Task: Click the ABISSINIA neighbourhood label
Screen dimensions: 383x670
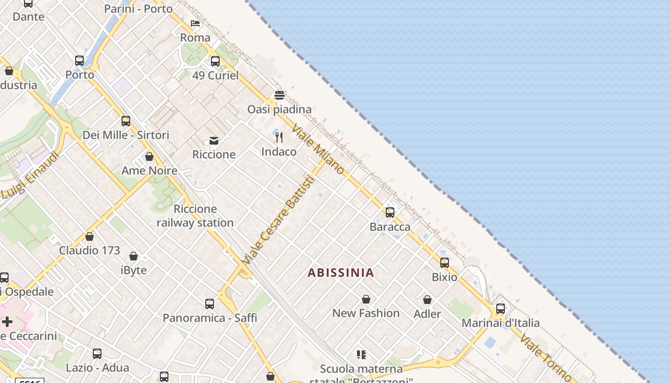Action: (340, 272)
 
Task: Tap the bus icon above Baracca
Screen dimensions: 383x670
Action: (390, 212)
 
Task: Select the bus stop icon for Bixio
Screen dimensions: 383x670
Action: (445, 262)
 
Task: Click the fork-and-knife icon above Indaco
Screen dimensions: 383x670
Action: (279, 137)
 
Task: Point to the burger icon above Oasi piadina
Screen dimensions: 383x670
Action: (279, 95)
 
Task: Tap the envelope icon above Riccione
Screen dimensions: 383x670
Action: (214, 140)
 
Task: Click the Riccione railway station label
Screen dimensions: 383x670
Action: (195, 216)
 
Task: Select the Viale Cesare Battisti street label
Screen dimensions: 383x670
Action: (279, 220)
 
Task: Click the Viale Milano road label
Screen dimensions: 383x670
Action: (318, 149)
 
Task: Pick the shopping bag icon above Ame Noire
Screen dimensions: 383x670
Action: (149, 157)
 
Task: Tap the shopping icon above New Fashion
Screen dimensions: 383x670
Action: (366, 299)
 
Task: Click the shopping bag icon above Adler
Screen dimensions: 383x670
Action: (427, 300)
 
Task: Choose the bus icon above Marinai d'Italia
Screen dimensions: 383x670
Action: (501, 309)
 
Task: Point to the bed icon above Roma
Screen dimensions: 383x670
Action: (195, 23)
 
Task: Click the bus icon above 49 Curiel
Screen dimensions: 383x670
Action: (215, 61)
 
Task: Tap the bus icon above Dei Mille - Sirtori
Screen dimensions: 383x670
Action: (126, 121)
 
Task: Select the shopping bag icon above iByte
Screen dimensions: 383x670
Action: (134, 256)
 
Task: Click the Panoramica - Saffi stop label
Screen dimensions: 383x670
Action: (210, 318)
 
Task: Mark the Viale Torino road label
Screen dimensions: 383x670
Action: (545, 357)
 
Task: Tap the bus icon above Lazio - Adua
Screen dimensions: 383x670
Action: (97, 354)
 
